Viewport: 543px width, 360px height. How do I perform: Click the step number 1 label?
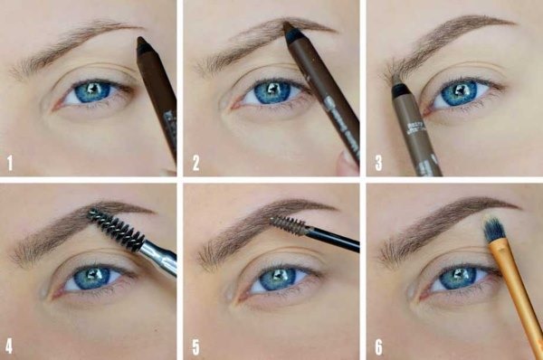[10, 164]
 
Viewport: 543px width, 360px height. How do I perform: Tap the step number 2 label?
[195, 164]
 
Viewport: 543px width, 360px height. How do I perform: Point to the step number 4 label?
[10, 345]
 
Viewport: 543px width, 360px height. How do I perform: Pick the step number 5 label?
[195, 345]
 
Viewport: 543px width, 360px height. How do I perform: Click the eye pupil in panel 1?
[90, 90]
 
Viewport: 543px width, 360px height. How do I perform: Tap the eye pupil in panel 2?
[268, 91]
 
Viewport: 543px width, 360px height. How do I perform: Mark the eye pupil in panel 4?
[91, 277]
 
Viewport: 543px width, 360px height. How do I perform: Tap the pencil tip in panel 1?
[142, 42]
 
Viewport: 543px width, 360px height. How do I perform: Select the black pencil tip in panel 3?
[397, 90]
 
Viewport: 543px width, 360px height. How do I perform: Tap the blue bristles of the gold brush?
[494, 232]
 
